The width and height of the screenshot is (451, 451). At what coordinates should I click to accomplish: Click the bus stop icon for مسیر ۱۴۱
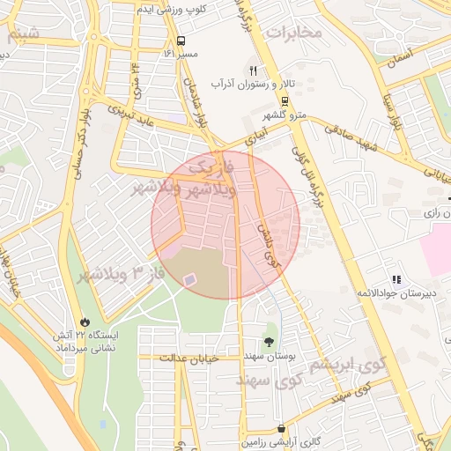tap(181, 41)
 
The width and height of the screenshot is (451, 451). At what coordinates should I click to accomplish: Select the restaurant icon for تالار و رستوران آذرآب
tap(254, 71)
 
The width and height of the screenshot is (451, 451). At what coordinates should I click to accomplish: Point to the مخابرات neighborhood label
tap(296, 33)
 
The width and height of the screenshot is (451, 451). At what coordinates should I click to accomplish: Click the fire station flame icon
tap(85, 322)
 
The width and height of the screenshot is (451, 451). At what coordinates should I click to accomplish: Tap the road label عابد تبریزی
tap(130, 116)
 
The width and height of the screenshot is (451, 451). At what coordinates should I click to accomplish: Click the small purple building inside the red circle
tap(189, 279)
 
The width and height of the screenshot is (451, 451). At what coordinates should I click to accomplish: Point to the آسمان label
tap(396, 55)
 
